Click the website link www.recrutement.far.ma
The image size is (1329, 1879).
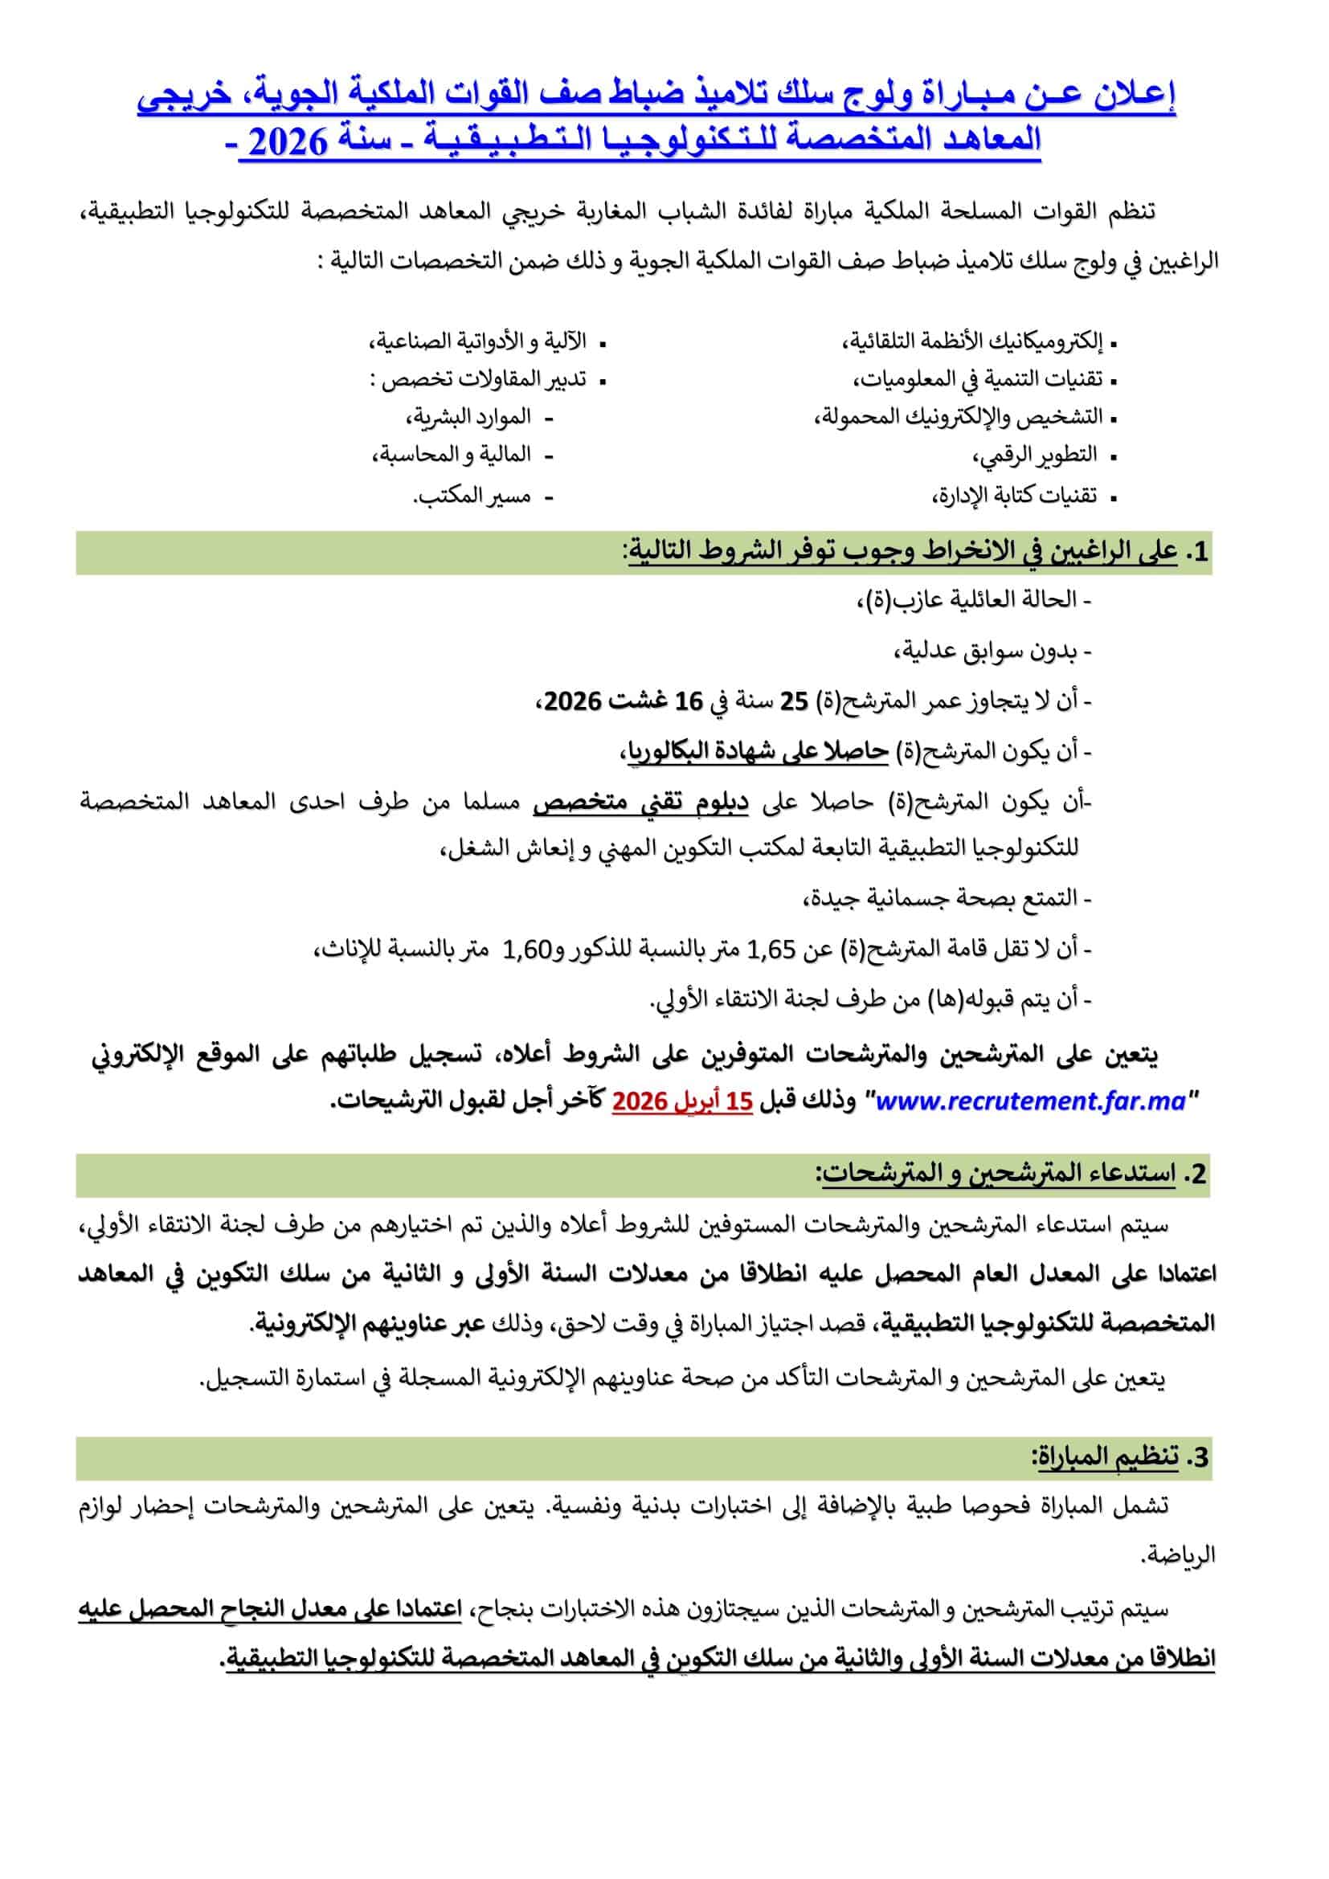click(1031, 1101)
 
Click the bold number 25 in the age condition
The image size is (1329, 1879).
click(793, 701)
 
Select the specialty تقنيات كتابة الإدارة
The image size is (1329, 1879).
click(1016, 496)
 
